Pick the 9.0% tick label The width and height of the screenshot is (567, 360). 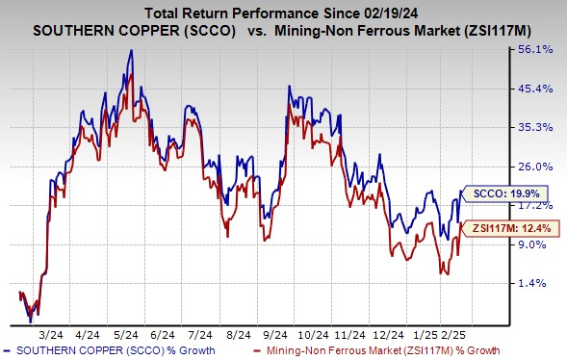[x=531, y=244]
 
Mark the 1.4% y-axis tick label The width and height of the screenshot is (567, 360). [x=531, y=283]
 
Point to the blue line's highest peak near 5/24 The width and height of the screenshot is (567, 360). [x=130, y=50]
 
